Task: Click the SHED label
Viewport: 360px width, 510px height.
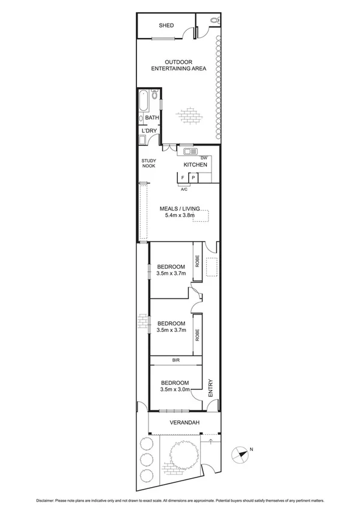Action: click(x=166, y=25)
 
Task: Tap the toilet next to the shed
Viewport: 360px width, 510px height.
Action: click(x=216, y=21)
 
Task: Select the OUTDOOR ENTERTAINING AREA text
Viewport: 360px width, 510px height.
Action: click(x=178, y=65)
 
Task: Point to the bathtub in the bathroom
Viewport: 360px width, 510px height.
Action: click(x=142, y=101)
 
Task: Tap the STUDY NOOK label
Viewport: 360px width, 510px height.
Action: click(x=148, y=163)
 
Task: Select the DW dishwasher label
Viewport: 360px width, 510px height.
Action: click(x=204, y=158)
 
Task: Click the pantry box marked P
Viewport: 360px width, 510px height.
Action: click(x=194, y=177)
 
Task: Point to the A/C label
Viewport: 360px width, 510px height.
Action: click(x=184, y=189)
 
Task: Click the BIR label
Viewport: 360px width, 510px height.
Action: click(x=175, y=360)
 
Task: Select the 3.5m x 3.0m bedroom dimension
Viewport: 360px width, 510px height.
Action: click(x=175, y=389)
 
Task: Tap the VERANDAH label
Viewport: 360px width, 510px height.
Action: click(x=183, y=423)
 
